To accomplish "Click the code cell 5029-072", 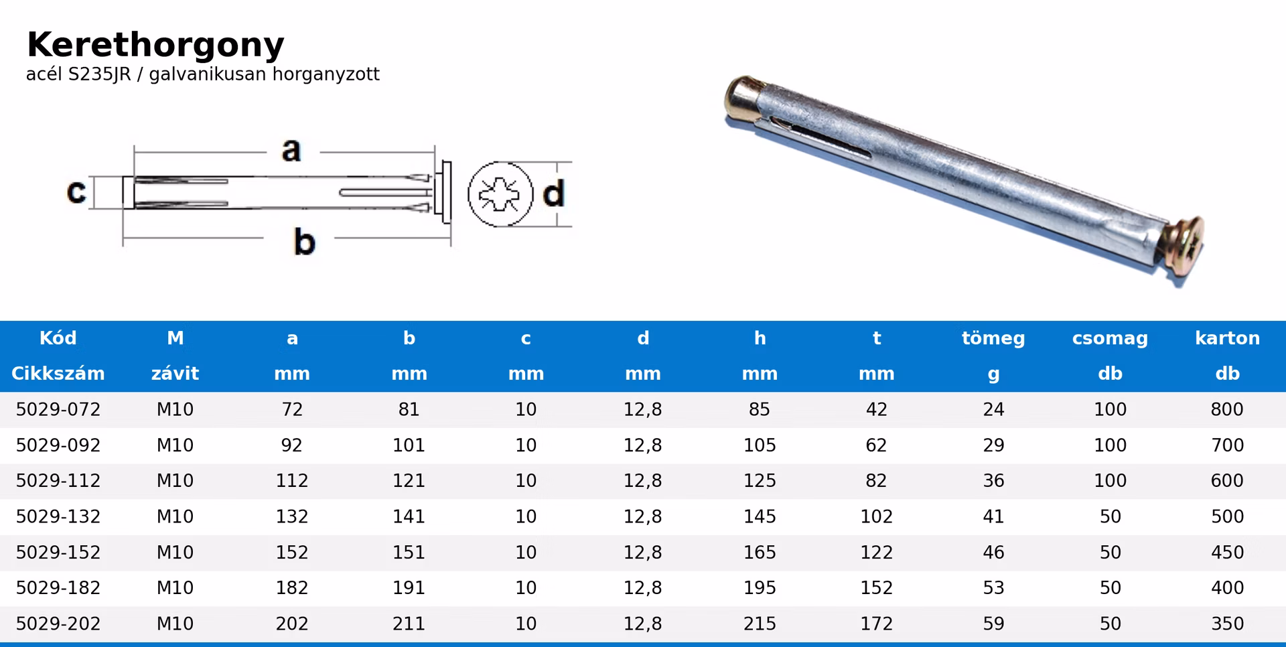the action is pyautogui.click(x=58, y=409).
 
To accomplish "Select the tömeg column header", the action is pyautogui.click(x=993, y=338).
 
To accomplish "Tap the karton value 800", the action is pyautogui.click(x=1227, y=409).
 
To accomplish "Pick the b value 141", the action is pyautogui.click(x=409, y=516).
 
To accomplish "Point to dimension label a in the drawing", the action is pyautogui.click(x=291, y=150).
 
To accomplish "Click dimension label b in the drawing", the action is pyautogui.click(x=304, y=242).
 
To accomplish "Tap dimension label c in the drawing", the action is pyautogui.click(x=76, y=192).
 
